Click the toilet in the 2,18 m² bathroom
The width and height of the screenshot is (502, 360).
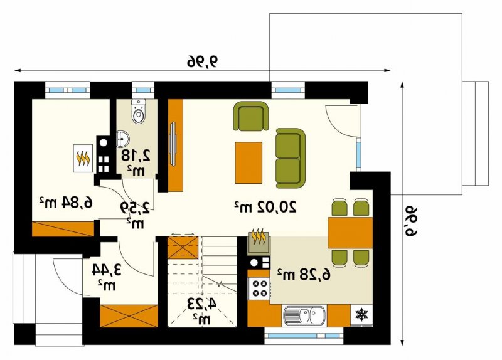(x=138, y=112)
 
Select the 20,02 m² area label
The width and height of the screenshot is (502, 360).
(x=265, y=207)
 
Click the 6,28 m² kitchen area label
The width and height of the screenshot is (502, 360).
(x=303, y=274)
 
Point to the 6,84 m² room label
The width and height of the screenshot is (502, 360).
(x=66, y=203)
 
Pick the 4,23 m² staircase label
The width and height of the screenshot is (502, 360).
(x=201, y=309)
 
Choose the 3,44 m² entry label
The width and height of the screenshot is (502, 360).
(x=107, y=277)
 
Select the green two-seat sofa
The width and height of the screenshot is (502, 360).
(x=291, y=158)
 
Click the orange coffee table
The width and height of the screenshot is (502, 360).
(x=248, y=163)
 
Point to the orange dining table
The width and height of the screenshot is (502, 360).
(x=350, y=233)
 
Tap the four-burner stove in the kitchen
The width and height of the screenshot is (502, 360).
(x=259, y=289)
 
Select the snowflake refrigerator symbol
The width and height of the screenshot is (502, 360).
(x=362, y=315)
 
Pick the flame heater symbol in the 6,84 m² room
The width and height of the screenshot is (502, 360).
(x=83, y=158)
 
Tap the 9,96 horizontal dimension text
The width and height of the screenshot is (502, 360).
(x=202, y=61)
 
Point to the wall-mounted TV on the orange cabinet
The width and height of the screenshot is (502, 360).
(x=173, y=144)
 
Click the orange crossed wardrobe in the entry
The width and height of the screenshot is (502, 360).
(x=129, y=316)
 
